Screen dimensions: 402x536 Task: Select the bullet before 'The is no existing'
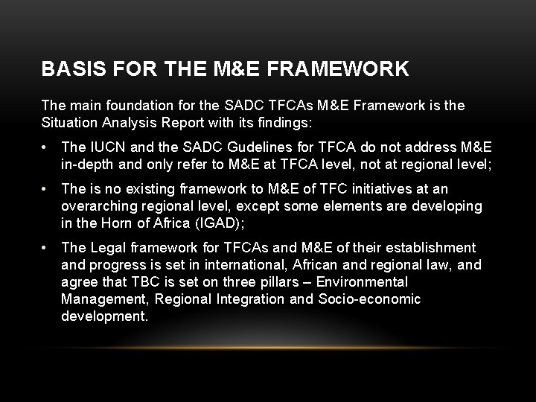(x=47, y=189)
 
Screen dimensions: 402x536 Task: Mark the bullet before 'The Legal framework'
(x=47, y=247)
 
